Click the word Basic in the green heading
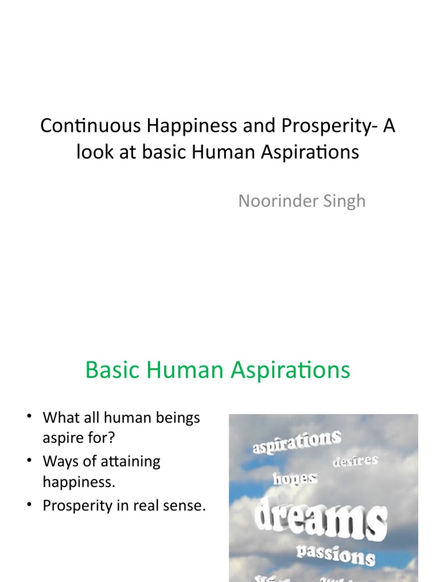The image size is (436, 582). tap(112, 371)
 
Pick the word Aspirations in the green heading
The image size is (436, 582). tap(291, 371)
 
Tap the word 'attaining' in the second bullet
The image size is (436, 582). tap(129, 462)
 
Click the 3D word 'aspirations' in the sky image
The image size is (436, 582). tap(297, 442)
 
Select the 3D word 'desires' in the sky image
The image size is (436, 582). tap(356, 460)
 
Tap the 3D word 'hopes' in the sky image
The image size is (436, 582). tap(295, 479)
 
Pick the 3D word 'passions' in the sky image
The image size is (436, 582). tap(336, 553)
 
